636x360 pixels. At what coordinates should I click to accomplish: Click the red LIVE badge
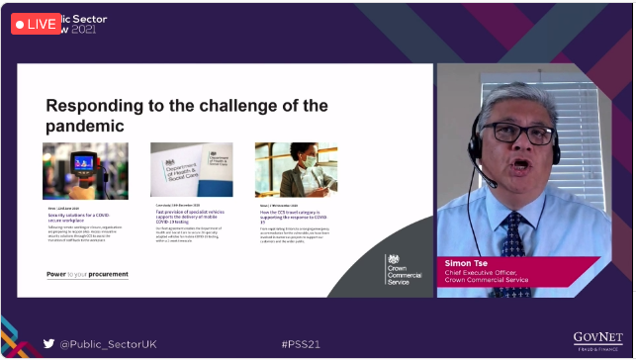click(x=37, y=24)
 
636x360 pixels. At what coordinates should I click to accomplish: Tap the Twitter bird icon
click(x=48, y=344)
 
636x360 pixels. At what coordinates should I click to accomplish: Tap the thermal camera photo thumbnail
click(x=85, y=170)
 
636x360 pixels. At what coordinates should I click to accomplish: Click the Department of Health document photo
click(x=191, y=170)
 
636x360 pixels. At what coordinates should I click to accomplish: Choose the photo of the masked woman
click(x=296, y=170)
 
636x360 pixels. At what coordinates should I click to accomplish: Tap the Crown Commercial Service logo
click(x=401, y=269)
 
